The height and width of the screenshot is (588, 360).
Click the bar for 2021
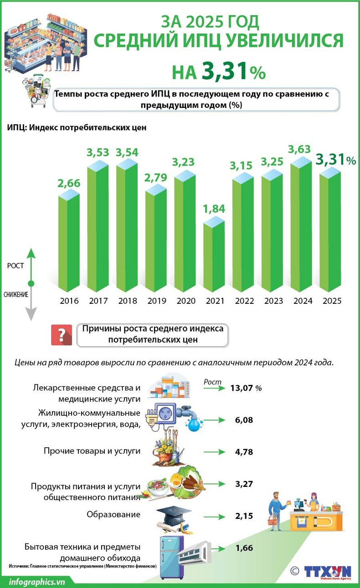pyautogui.click(x=214, y=257)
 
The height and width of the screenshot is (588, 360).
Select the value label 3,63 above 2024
pyautogui.click(x=300, y=149)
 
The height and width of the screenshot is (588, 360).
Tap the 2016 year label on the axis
pyautogui.click(x=69, y=301)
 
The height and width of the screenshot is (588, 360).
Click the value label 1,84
pyautogui.click(x=214, y=209)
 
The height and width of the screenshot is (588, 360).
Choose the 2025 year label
pyautogui.click(x=332, y=301)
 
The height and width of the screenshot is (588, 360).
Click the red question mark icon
pyautogui.click(x=62, y=335)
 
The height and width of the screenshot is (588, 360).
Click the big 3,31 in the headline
pyautogui.click(x=225, y=72)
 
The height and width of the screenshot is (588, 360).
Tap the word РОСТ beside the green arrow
pyautogui.click(x=15, y=266)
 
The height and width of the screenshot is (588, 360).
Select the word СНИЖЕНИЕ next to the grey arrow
pyautogui.click(x=16, y=294)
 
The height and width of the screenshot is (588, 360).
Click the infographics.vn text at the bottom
pyautogui.click(x=37, y=581)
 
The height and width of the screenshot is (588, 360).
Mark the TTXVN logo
pyautogui.click(x=328, y=572)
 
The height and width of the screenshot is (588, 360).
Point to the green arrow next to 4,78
pyautogui.click(x=215, y=452)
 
